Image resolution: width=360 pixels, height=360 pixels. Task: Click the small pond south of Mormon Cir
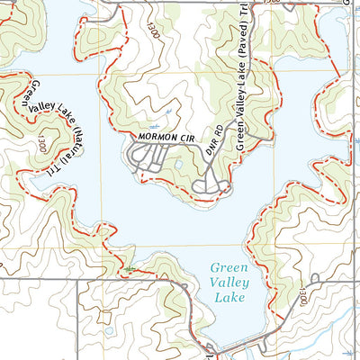click(x=179, y=166)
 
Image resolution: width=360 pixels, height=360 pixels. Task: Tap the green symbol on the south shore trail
click(x=131, y=269)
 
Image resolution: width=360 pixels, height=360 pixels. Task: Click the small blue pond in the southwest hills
click(x=109, y=329)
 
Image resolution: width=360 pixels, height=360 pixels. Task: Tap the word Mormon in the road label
click(x=153, y=137)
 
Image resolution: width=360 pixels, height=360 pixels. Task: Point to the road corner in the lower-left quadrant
click(x=78, y=280)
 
